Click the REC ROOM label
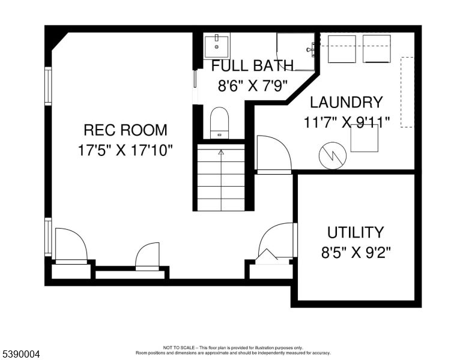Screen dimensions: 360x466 click(x=125, y=130)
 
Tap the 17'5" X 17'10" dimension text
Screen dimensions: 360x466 click(x=125, y=150)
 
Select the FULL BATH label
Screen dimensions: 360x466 click(x=252, y=65)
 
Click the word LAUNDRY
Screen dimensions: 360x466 click(x=346, y=102)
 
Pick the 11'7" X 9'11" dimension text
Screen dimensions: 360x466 click(x=346, y=122)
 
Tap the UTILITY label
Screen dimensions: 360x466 click(x=355, y=232)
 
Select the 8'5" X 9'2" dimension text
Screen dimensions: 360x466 click(x=355, y=253)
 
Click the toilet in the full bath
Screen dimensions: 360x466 click(x=220, y=122)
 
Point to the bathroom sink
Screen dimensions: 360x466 click(x=216, y=45)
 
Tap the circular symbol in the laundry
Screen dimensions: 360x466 click(x=333, y=155)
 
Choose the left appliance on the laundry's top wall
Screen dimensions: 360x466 click(x=342, y=48)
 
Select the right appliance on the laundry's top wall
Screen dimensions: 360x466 click(x=377, y=48)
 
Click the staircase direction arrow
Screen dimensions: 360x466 click(x=221, y=152)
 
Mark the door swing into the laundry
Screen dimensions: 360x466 click(x=273, y=155)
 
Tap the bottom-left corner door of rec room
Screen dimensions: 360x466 click(x=70, y=246)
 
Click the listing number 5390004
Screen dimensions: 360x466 click(x=20, y=355)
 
